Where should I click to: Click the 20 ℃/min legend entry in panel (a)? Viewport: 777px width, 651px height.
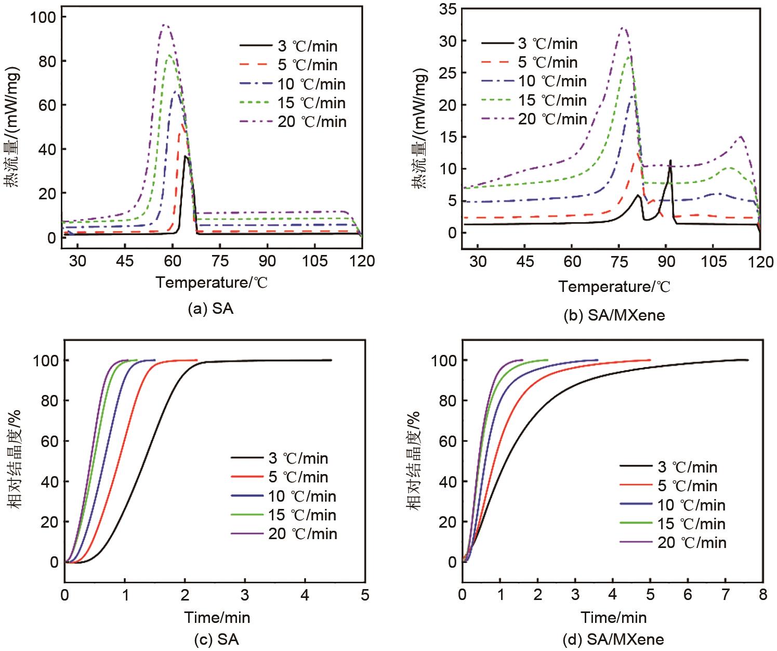[x=293, y=121]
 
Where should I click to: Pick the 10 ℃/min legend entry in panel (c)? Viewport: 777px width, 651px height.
[x=284, y=496]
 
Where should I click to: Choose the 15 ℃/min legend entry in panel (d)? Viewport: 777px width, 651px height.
[x=673, y=524]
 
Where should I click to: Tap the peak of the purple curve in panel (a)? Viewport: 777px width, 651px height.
[x=165, y=24]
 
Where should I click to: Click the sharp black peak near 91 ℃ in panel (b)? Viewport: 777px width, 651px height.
[x=670, y=160]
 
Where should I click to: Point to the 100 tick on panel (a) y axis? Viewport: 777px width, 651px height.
[x=43, y=17]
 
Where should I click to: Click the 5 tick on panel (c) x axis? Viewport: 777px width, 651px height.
[x=365, y=594]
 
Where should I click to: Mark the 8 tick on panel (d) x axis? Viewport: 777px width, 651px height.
[x=762, y=594]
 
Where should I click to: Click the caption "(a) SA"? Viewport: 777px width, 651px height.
[x=210, y=309]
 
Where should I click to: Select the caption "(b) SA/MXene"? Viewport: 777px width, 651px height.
[x=614, y=314]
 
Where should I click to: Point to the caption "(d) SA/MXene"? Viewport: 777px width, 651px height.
[x=613, y=639]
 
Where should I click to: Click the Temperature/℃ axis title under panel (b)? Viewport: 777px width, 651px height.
[x=614, y=287]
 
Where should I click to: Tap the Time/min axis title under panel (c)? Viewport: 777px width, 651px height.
[x=217, y=618]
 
